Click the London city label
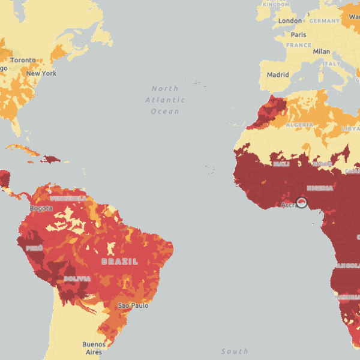pyautogui.click(x=290, y=21)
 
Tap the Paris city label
pyautogui.click(x=298, y=35)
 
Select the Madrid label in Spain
pyautogui.click(x=278, y=75)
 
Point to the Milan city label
pyautogui.click(x=321, y=52)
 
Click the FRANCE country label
pyautogui.click(x=298, y=45)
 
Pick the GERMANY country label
pyautogui.click(x=325, y=20)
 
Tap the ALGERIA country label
pyautogui.click(x=299, y=125)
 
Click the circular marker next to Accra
pyautogui.click(x=302, y=203)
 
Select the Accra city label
pyautogui.click(x=289, y=205)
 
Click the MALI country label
pyautogui.click(x=281, y=164)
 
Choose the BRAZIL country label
pyautogui.click(x=119, y=262)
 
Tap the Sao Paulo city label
pyautogui.click(x=133, y=306)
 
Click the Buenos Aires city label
pyautogui.click(x=94, y=348)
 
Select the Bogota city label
pyautogui.click(x=41, y=208)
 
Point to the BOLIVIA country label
pyautogui.click(x=77, y=279)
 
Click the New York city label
pyautogui.click(x=41, y=73)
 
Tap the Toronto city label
pyautogui.click(x=23, y=61)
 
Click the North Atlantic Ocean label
pyautogui.click(x=165, y=100)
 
